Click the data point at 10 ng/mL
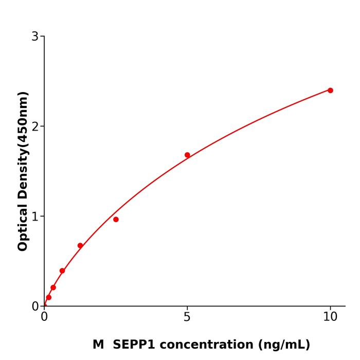coord(330,91)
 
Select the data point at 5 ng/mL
coord(187,155)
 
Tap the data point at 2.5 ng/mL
coord(116,220)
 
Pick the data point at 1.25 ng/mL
coord(80,246)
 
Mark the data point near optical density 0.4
coord(62,271)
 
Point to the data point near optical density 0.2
coord(53,287)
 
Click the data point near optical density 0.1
coord(49,297)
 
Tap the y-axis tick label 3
coord(35,37)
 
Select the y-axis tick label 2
coord(35,127)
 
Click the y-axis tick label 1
coord(35,217)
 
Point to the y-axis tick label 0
coord(35,307)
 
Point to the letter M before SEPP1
coord(98,345)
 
